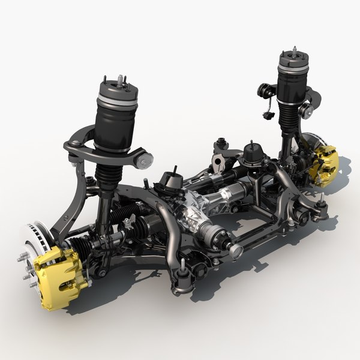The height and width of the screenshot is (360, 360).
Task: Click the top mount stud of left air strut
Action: click(120, 79)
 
